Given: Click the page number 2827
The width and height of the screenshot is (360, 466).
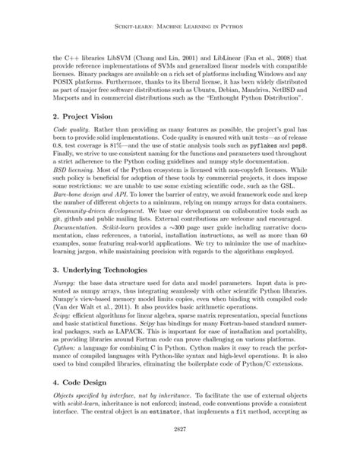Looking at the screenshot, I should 180,448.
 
